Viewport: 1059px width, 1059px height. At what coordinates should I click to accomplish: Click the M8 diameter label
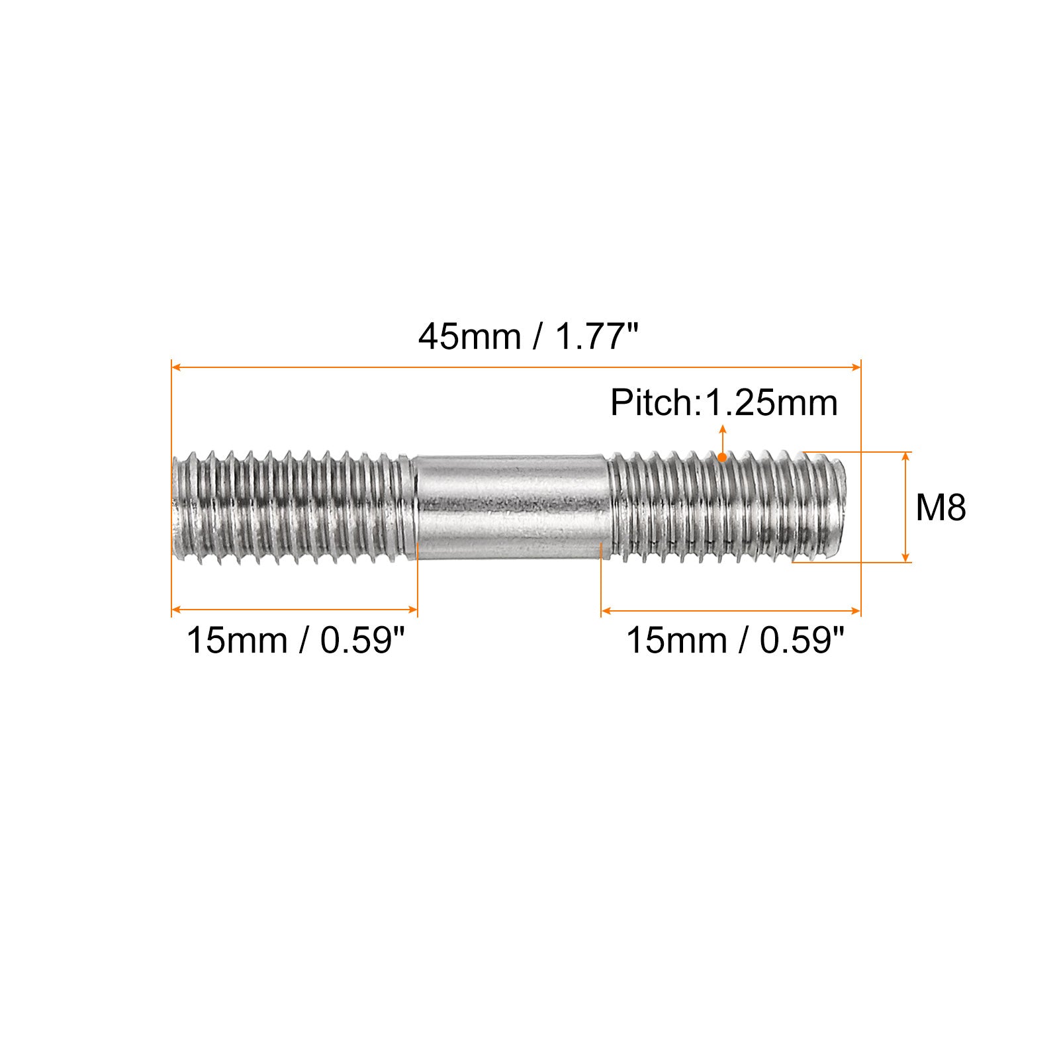(941, 508)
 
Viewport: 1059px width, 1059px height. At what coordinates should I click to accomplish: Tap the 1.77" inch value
(594, 337)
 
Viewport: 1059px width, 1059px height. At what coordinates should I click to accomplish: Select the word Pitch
(652, 402)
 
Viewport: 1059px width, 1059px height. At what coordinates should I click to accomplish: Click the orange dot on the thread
(723, 457)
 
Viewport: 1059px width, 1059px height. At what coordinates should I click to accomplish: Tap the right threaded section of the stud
(727, 506)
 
